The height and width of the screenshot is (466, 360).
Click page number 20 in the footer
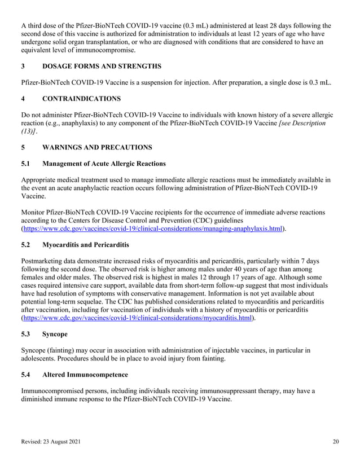pyautogui.click(x=336, y=442)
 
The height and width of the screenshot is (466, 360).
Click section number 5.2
pyautogui.click(x=26, y=245)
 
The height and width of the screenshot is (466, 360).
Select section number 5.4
pyautogui.click(x=26, y=375)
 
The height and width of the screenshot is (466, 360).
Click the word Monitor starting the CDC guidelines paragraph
pyautogui.click(x=34, y=213)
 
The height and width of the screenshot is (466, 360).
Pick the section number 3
pyautogui.click(x=23, y=66)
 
